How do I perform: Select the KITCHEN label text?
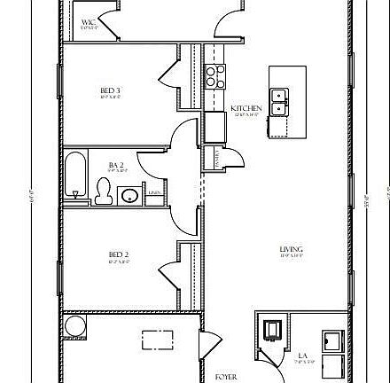246,108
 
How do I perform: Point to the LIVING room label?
292,249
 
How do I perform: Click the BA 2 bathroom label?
114,164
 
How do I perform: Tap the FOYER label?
226,377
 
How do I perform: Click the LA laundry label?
302,355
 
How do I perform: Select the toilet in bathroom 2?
104,190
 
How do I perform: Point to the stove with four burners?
214,76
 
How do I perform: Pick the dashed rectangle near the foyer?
158,340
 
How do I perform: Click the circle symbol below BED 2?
74,326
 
